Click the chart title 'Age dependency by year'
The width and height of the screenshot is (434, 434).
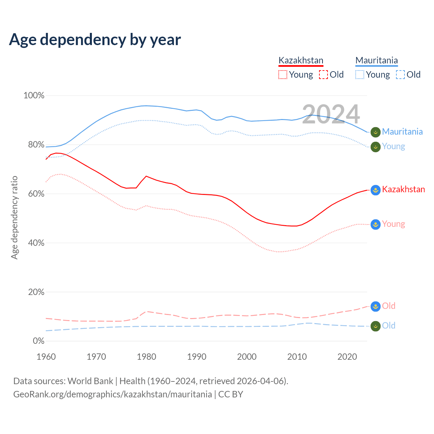pyautogui.click(x=95, y=40)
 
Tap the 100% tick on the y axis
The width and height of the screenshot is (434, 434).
pyautogui.click(x=34, y=96)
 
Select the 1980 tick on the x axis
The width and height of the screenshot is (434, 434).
pyautogui.click(x=146, y=357)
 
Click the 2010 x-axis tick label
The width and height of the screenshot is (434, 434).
pyautogui.click(x=297, y=357)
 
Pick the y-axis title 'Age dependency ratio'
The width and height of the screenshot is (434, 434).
pyautogui.click(x=14, y=217)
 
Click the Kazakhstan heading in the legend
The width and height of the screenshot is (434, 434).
pyautogui.click(x=301, y=61)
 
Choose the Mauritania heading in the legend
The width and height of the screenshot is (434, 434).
pyautogui.click(x=376, y=61)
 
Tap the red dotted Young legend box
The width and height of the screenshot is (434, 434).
pyautogui.click(x=282, y=75)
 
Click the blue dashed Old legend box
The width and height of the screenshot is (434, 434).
pyautogui.click(x=400, y=75)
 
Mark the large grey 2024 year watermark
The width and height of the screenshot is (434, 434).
pyautogui.click(x=331, y=114)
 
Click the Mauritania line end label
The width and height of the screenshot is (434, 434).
pyautogui.click(x=402, y=132)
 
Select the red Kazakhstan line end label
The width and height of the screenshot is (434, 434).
pyautogui.click(x=403, y=189)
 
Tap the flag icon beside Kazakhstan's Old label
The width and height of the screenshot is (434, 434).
pyautogui.click(x=375, y=307)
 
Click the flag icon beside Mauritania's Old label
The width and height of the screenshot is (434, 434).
pyautogui.click(x=375, y=326)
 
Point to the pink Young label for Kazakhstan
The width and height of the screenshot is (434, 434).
pyautogui.click(x=393, y=224)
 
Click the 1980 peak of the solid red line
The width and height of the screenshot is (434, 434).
pyautogui.click(x=146, y=176)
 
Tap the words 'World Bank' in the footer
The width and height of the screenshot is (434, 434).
pyautogui.click(x=90, y=381)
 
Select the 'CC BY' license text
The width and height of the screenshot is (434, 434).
pyautogui.click(x=231, y=394)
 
